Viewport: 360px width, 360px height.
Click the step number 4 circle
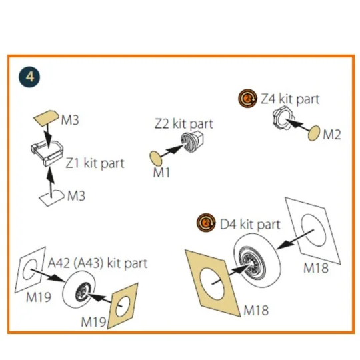tap(29, 77)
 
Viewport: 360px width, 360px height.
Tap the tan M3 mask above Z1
tap(46, 118)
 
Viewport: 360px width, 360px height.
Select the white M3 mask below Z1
tap(51, 198)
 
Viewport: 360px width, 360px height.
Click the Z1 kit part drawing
tap(47, 153)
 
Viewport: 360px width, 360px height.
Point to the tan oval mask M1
tap(155, 158)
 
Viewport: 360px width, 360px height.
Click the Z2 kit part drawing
tap(192, 141)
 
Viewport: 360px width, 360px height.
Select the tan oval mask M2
tap(314, 133)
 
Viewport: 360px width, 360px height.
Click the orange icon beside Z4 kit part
tap(247, 99)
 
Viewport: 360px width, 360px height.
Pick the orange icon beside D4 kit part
tap(206, 223)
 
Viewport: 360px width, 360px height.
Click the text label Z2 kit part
tap(184, 124)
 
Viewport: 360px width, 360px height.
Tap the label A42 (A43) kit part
tap(97, 263)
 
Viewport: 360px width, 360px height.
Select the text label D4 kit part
tap(250, 224)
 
